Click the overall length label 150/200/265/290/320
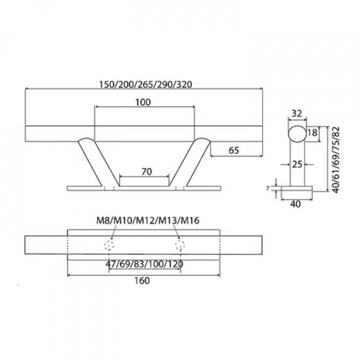[x=145, y=84]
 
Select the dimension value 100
[x=143, y=102]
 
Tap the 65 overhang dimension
[x=234, y=150]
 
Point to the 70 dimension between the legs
[x=146, y=171]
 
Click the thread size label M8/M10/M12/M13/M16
[x=147, y=220]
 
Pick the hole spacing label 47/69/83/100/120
[x=144, y=264]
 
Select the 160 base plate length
[x=142, y=280]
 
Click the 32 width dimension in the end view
[x=296, y=113]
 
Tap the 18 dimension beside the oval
[x=312, y=132]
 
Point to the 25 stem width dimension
[x=297, y=164]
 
